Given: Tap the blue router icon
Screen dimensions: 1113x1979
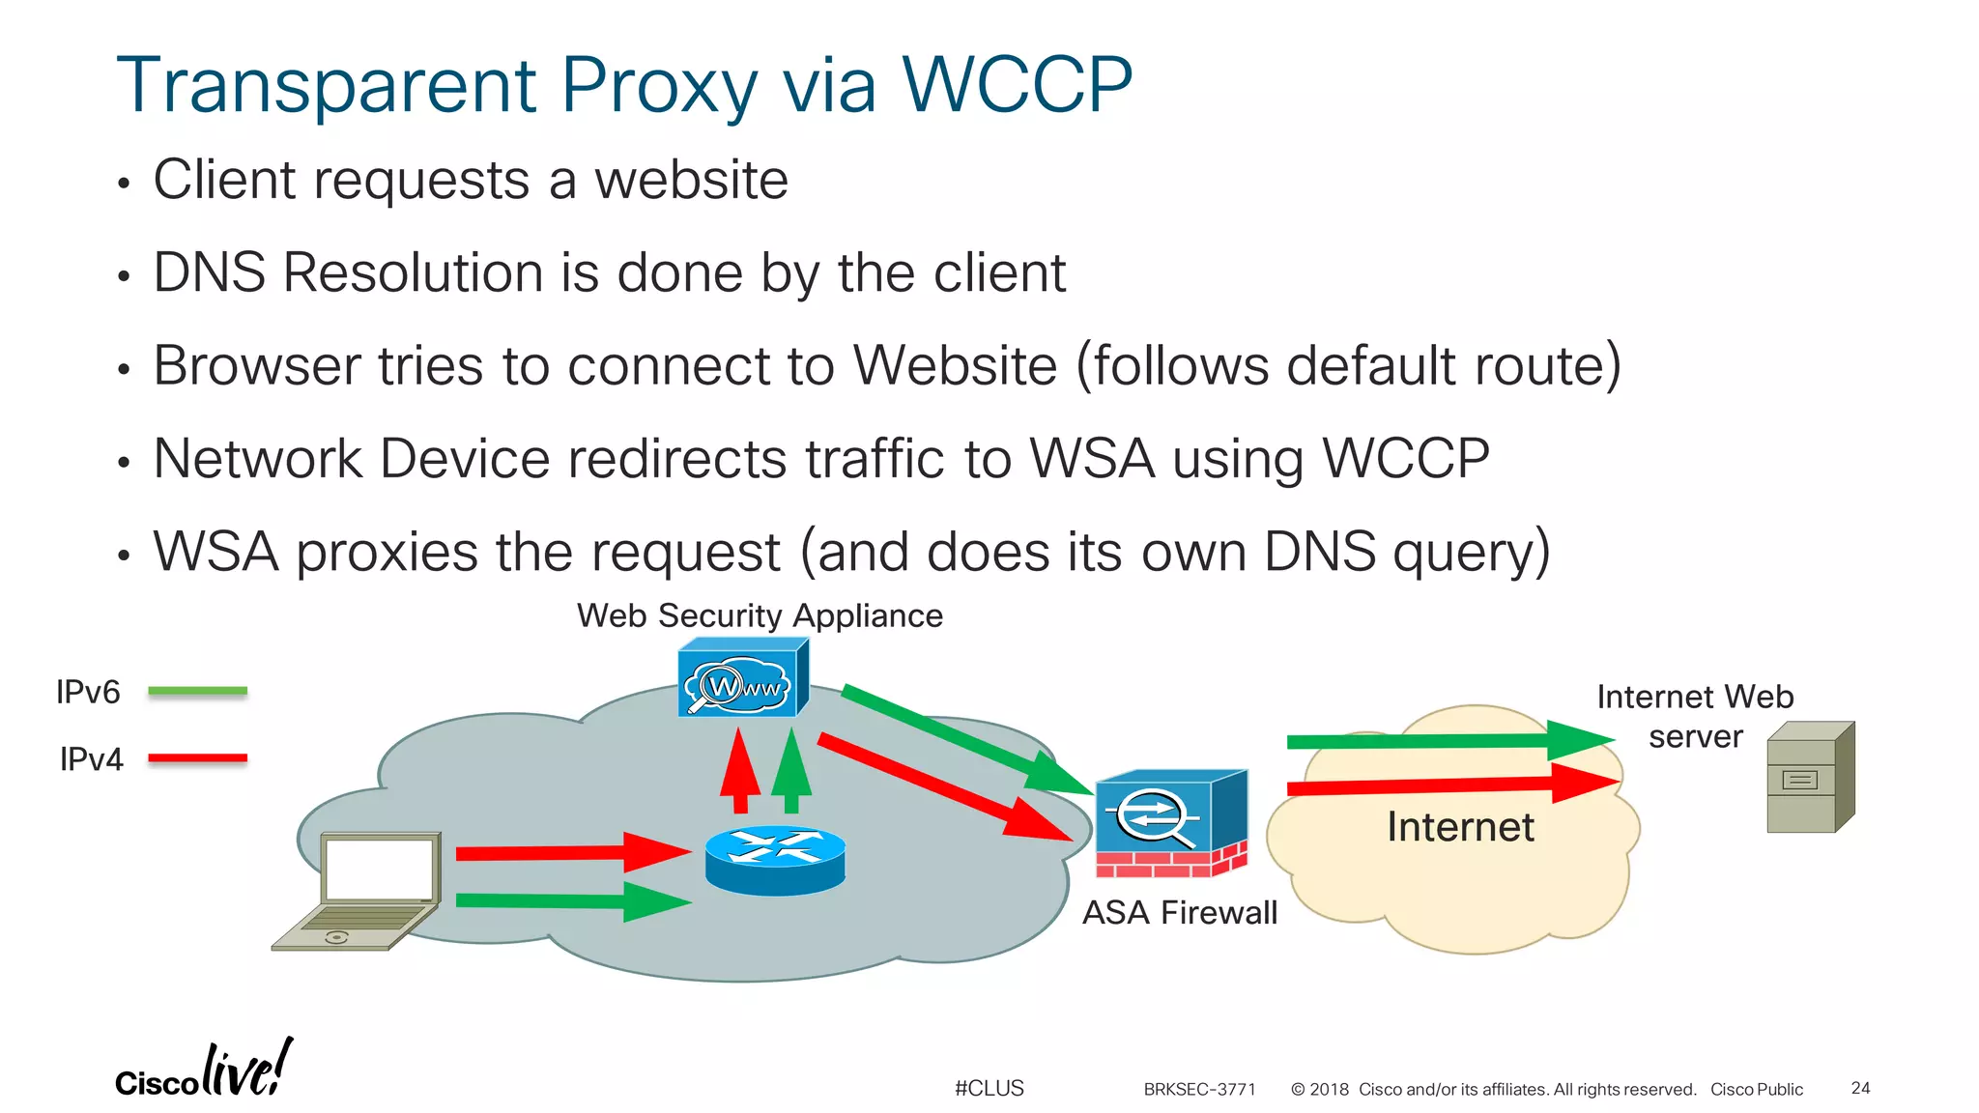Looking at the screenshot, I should point(775,859).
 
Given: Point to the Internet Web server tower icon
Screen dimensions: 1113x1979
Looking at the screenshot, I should point(1810,779).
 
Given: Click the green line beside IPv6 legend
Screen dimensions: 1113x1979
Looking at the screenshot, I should point(197,691).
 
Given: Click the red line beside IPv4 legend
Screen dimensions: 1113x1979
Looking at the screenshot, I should point(197,758).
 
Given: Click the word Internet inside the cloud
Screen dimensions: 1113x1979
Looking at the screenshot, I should point(1460,827).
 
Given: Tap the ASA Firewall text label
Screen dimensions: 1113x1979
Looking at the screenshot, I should point(1179,912).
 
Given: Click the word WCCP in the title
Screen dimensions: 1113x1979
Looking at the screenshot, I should point(1017,85).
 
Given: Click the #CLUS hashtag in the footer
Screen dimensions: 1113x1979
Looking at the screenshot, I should point(989,1088).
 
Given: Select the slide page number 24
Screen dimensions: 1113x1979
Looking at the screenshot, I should point(1860,1088).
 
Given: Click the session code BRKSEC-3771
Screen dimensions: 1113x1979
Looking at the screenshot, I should point(1199,1089).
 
